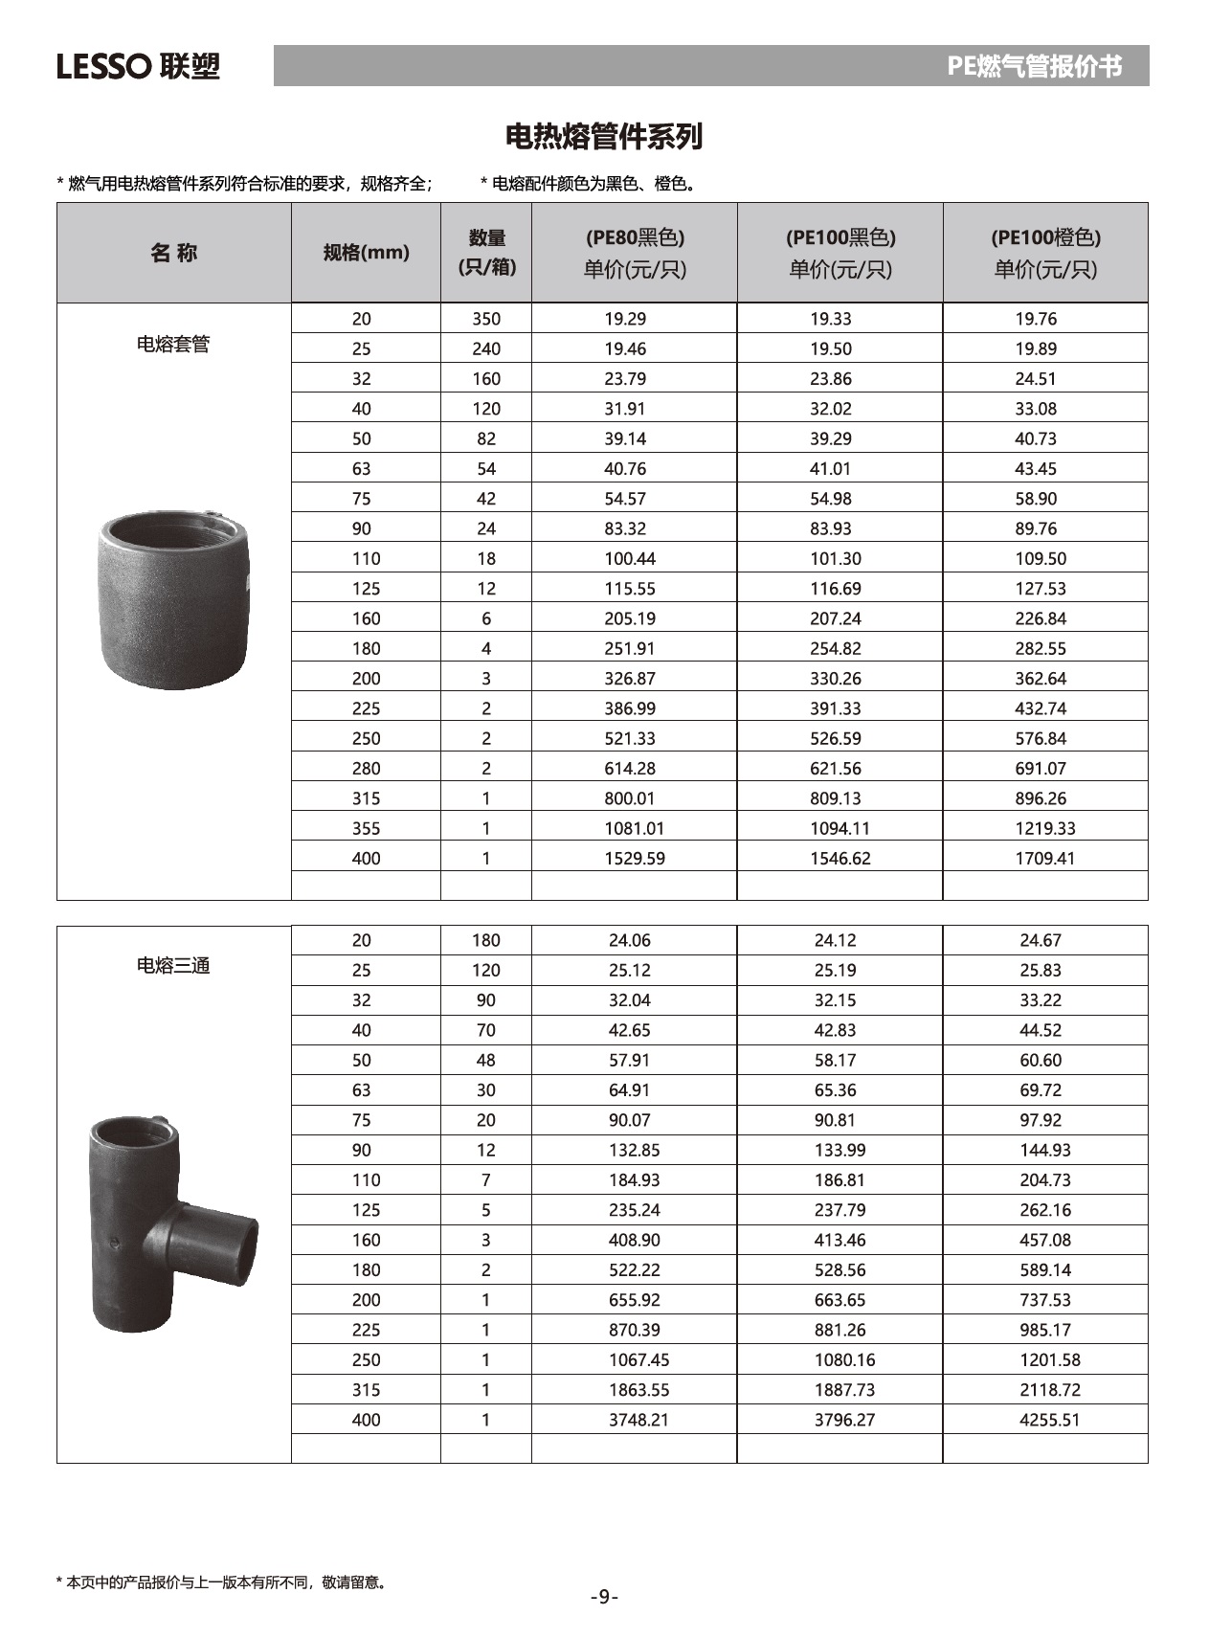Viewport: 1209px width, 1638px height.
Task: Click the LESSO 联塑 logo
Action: [138, 66]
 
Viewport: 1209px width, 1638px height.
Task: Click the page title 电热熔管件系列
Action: [604, 136]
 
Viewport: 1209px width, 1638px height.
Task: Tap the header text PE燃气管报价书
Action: [1034, 66]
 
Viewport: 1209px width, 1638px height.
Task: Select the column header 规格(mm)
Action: [366, 253]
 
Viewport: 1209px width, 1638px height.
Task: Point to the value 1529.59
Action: [635, 858]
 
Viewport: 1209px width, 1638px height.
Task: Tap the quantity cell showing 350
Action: [486, 319]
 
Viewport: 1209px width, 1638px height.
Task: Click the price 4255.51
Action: [1049, 1420]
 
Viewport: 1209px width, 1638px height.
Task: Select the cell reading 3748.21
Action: [638, 1420]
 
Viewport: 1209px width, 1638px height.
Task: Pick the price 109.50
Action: [1041, 558]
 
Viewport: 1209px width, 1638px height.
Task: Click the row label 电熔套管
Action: [173, 344]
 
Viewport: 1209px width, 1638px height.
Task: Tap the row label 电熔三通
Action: [173, 965]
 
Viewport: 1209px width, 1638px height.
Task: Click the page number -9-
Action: [604, 1596]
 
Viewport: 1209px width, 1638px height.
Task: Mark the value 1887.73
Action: [844, 1390]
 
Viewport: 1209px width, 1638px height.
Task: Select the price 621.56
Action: [836, 768]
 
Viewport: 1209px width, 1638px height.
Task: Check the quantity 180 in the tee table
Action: [486, 940]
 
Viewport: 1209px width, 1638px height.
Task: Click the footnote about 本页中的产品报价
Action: [222, 1582]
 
